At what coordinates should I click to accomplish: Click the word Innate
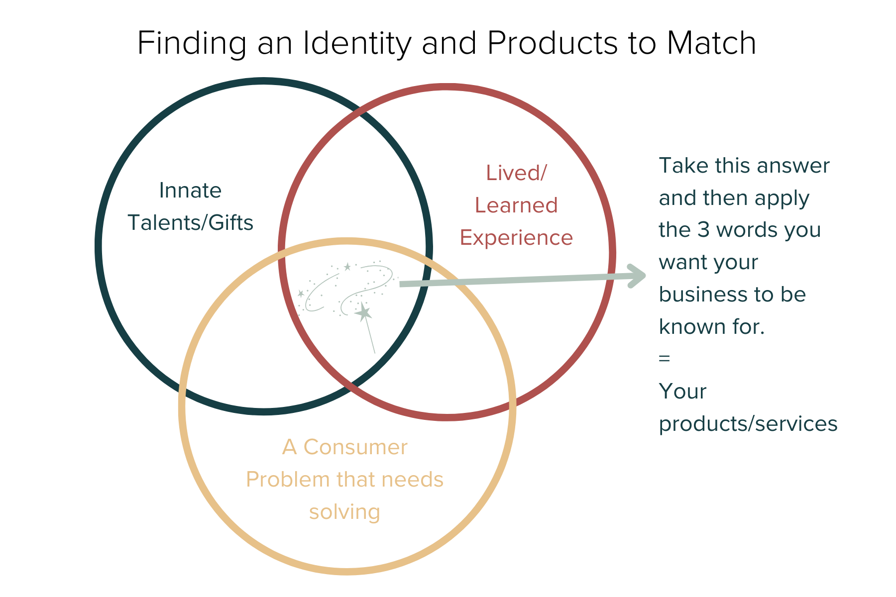click(190, 191)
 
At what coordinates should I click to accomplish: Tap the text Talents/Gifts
click(190, 223)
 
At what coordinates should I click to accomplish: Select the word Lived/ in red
click(516, 173)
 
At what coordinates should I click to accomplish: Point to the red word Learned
click(516, 205)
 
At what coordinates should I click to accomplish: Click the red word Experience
click(516, 238)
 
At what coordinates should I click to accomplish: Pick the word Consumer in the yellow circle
click(355, 447)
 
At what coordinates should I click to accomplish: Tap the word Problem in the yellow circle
click(288, 480)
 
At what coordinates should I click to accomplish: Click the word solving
click(344, 512)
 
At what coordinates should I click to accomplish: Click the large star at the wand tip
click(364, 313)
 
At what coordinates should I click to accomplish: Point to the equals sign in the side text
click(664, 358)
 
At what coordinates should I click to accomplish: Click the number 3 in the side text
click(703, 230)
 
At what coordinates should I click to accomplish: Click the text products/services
click(748, 424)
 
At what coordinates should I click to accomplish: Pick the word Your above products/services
click(682, 392)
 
